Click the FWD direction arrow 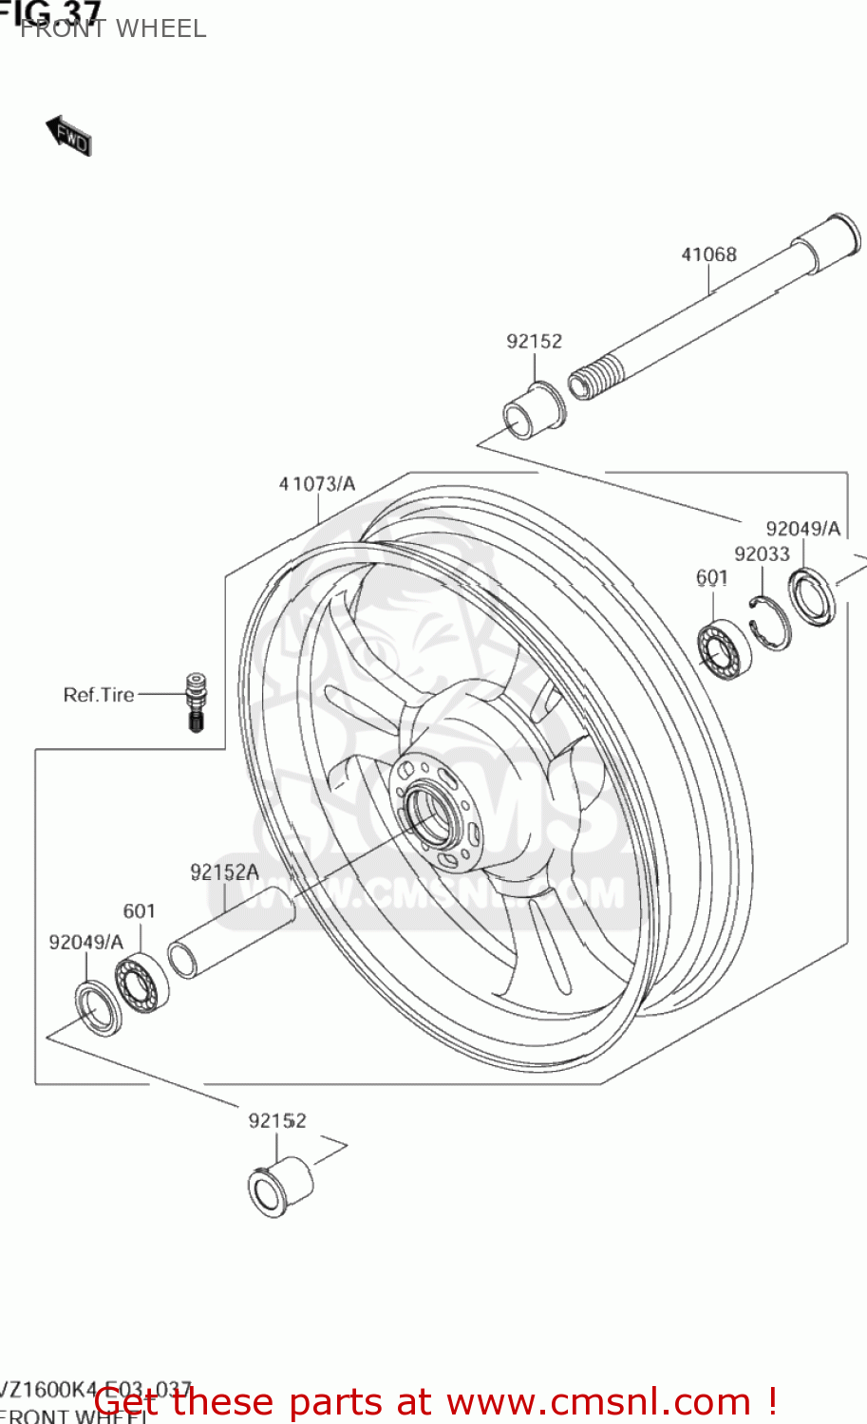pos(68,136)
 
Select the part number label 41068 pos(708,254)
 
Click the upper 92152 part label pos(534,341)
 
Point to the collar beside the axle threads pos(533,411)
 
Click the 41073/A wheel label pos(317,484)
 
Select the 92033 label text pos(762,553)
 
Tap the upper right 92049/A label pos(803,529)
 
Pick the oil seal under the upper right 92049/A pos(813,597)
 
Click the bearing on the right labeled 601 pos(724,649)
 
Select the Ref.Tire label pos(99,695)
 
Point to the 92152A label pos(224,872)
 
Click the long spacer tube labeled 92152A pos(231,933)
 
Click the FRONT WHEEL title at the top pos(113,29)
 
